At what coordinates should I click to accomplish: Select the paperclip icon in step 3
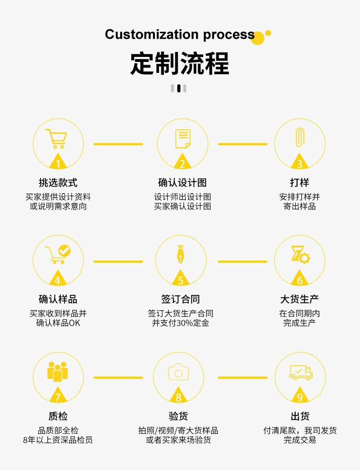(299, 137)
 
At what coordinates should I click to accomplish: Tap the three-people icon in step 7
(57, 371)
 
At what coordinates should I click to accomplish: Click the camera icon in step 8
(178, 372)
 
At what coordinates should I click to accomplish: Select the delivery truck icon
(301, 372)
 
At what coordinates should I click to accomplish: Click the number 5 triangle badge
(180, 280)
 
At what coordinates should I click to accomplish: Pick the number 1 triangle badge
(58, 163)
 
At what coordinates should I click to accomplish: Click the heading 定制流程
(180, 63)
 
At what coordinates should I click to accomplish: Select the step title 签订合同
(180, 299)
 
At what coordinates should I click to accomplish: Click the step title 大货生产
(299, 299)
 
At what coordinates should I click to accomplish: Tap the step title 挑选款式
(58, 183)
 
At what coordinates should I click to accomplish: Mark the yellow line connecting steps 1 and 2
(118, 144)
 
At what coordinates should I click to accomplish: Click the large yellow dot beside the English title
(258, 38)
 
